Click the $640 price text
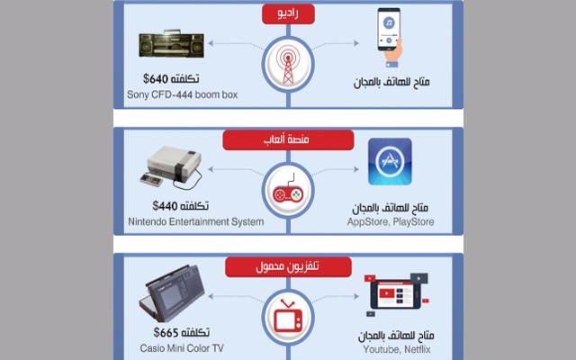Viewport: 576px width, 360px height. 156,78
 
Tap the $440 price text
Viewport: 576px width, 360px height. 165,205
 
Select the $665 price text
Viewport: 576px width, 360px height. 166,332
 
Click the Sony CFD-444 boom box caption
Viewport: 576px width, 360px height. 182,94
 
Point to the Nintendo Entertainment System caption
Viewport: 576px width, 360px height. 196,222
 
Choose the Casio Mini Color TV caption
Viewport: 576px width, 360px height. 182,348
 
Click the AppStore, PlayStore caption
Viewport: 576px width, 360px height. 391,222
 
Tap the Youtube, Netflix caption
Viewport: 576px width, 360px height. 397,349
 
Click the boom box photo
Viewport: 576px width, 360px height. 171,44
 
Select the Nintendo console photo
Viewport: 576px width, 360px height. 172,168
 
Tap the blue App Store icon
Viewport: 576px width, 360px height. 390,162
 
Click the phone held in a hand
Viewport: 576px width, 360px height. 390,38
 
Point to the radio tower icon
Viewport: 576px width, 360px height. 288,64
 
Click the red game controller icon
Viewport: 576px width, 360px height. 288,190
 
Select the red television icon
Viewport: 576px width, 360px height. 288,315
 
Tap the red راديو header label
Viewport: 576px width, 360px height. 288,14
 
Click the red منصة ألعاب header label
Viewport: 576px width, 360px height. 288,140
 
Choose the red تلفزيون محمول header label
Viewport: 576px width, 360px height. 288,266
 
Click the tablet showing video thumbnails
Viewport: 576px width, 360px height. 397,294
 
